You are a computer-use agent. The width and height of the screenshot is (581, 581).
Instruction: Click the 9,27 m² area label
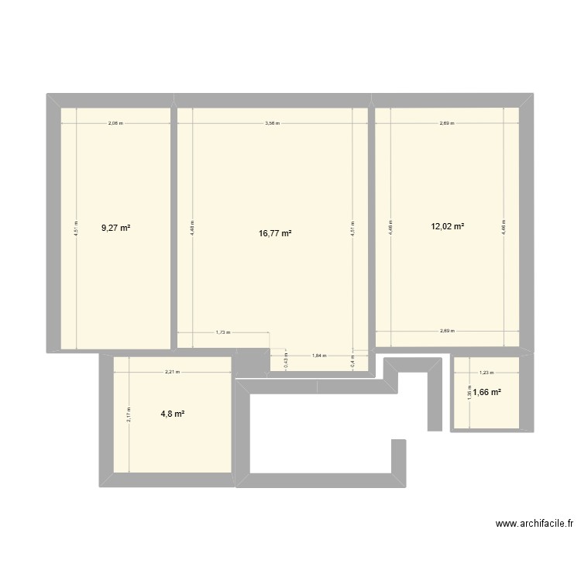(x=115, y=228)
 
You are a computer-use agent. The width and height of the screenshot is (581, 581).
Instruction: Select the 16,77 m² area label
(x=276, y=233)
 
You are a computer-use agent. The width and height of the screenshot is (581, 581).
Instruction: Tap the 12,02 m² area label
(x=448, y=227)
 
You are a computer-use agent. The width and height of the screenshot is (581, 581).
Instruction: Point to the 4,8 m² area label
(x=173, y=414)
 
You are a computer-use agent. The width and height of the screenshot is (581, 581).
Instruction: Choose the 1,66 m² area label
(x=488, y=393)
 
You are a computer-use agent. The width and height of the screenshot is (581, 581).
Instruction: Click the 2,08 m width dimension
(x=115, y=123)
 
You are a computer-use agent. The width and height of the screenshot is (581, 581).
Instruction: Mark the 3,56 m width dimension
(x=272, y=123)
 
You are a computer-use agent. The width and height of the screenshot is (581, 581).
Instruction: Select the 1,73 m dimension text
(x=223, y=332)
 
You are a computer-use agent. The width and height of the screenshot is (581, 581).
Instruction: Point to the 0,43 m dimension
(x=285, y=360)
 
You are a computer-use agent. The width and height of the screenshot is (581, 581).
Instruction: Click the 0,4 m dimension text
(x=352, y=360)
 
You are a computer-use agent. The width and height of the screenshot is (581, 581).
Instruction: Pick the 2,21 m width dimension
(x=172, y=372)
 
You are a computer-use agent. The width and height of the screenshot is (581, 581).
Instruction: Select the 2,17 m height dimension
(x=129, y=415)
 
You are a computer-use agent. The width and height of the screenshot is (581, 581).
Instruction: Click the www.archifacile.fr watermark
(x=535, y=524)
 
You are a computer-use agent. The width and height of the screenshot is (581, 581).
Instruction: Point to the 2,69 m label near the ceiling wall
(x=447, y=123)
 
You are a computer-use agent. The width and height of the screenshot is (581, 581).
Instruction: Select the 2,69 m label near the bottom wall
(x=447, y=331)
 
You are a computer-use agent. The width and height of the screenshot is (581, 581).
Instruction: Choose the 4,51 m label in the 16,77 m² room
(x=352, y=229)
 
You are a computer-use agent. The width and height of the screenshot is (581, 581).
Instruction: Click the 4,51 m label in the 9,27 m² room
(x=76, y=229)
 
